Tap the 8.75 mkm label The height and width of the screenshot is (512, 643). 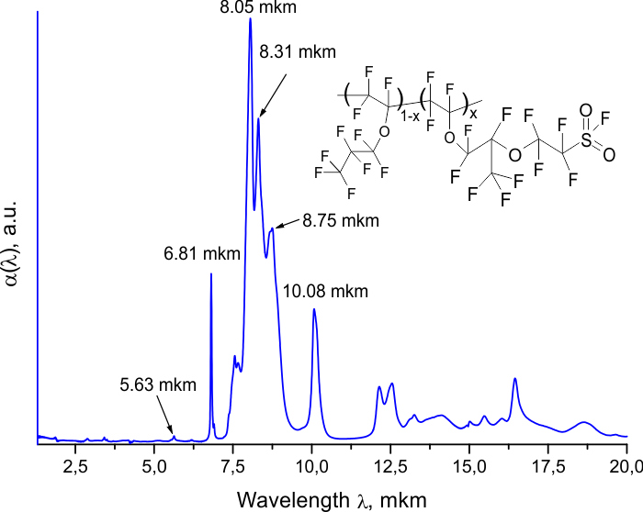click(340, 221)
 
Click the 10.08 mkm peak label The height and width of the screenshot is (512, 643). click(325, 292)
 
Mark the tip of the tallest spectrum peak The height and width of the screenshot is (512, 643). click(250, 18)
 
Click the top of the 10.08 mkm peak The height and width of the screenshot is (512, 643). click(314, 309)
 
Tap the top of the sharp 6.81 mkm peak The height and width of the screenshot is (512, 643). click(211, 273)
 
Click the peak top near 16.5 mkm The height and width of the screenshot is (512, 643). click(515, 379)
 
